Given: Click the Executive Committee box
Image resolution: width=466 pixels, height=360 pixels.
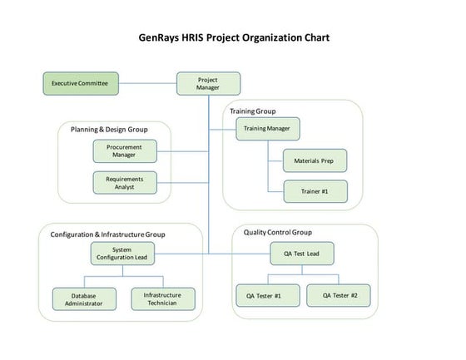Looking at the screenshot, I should [x=81, y=83].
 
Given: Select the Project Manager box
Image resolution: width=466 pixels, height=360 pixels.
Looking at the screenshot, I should [x=208, y=83].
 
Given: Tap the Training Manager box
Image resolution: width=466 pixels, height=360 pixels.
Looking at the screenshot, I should [x=268, y=129].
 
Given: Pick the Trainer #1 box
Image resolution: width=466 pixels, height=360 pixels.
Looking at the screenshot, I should [x=314, y=191].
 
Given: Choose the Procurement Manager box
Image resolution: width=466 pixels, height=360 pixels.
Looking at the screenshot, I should [x=124, y=150].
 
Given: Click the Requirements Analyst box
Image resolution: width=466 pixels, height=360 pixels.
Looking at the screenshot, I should [x=124, y=182].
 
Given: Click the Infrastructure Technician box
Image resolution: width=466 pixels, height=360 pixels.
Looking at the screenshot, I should [x=163, y=298].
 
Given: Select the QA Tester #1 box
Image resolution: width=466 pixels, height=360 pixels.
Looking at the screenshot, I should [x=263, y=295].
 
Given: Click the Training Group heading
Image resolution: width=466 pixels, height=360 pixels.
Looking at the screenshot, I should [x=252, y=111].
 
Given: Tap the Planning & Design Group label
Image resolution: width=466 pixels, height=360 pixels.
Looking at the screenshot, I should [x=110, y=129].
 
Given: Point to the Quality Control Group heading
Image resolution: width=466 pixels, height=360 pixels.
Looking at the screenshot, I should [x=278, y=232].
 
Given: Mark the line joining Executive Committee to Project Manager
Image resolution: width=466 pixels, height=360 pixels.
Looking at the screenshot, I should [x=147, y=83].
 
